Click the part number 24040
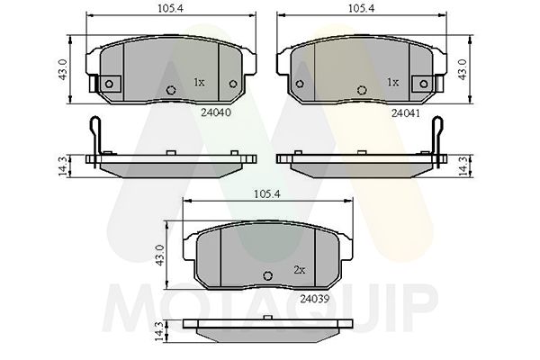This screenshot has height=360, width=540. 216,112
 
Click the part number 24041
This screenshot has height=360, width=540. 406,112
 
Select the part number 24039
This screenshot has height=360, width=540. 315,299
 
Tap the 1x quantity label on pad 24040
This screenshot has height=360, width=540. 199,83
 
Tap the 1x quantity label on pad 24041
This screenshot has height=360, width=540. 393,83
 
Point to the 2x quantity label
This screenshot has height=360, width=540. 300,270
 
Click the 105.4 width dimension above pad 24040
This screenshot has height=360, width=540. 171,8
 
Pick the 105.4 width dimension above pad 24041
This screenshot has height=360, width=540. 361,8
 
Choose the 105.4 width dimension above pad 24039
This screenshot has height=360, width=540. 267,194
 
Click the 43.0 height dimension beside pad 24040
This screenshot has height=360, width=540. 63,69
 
